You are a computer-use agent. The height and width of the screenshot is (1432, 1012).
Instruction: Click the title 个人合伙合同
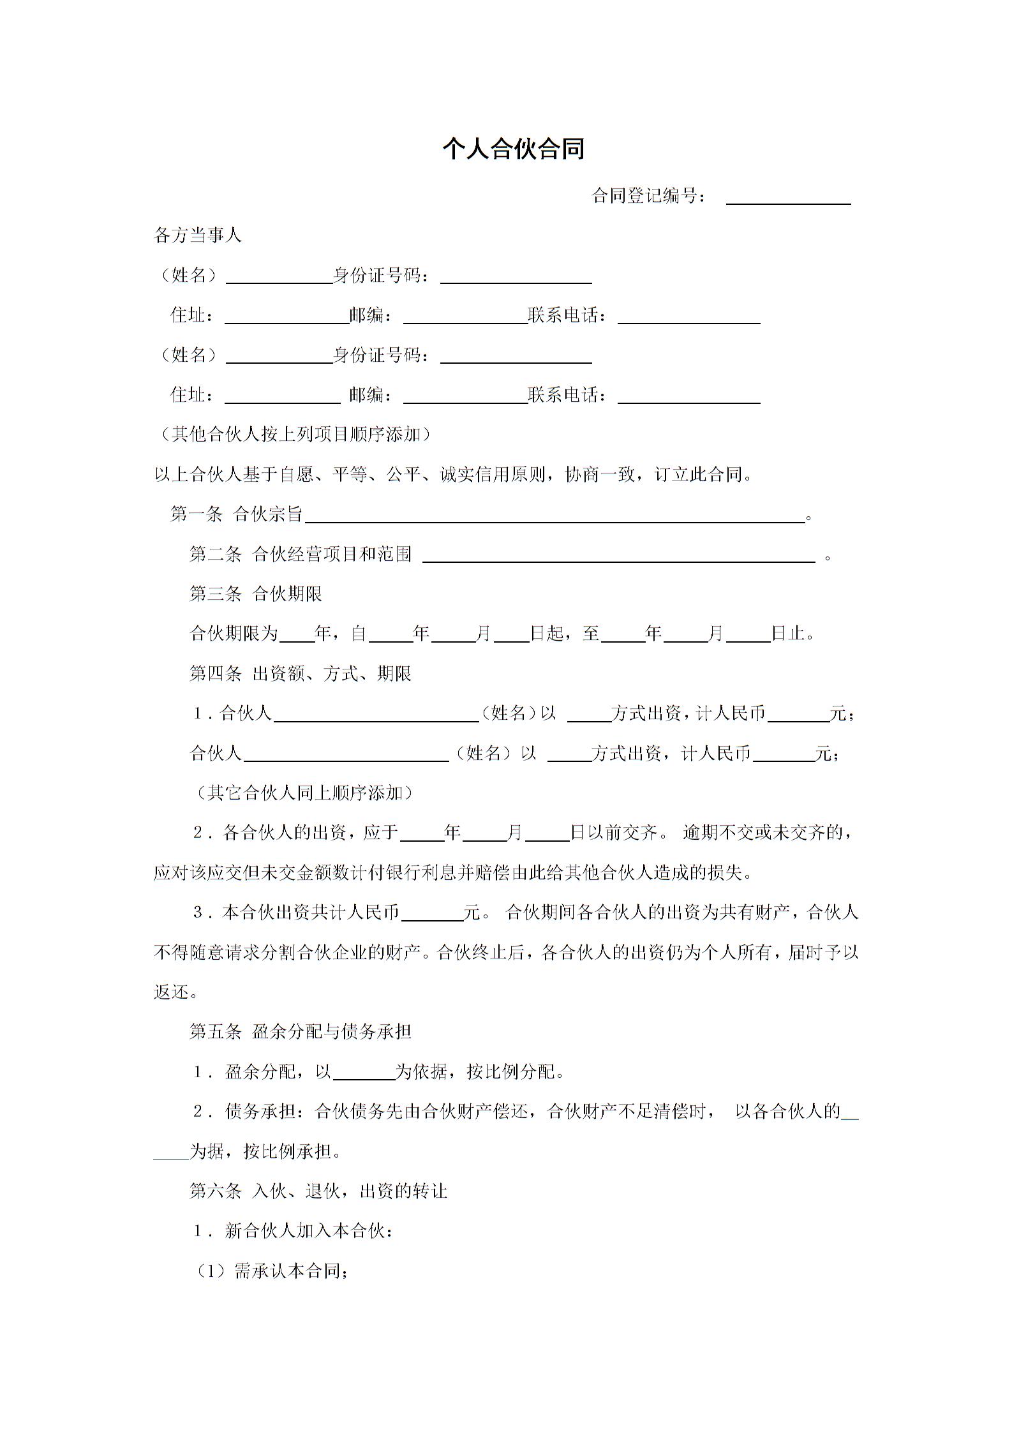(x=513, y=149)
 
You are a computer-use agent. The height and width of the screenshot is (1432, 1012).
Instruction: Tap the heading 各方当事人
(x=198, y=235)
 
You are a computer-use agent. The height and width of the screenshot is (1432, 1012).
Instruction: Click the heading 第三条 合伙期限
(x=255, y=594)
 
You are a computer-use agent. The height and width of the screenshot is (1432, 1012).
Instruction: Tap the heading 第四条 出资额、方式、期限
(x=300, y=674)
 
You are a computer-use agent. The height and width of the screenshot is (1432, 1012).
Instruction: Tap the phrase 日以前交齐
(x=613, y=833)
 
